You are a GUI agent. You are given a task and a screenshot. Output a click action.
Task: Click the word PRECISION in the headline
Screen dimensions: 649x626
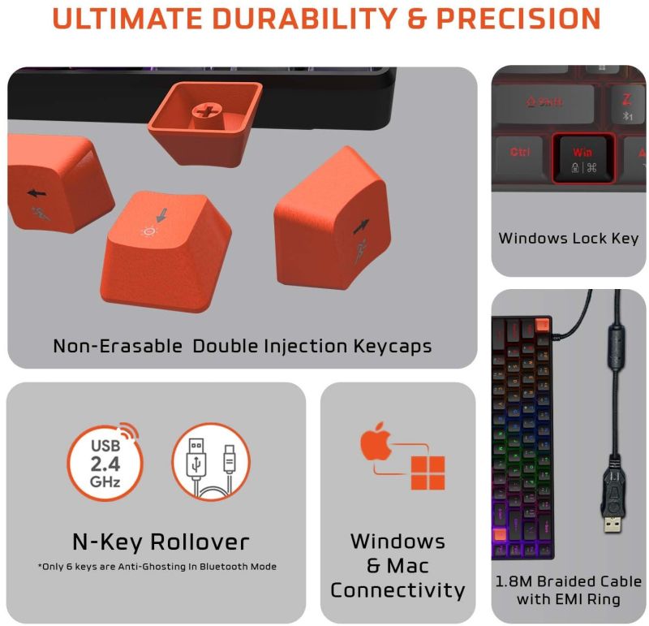[518, 18]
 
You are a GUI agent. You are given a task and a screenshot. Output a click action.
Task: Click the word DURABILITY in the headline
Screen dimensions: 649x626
[305, 18]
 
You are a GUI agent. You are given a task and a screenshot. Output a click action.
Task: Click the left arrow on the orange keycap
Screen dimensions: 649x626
[37, 193]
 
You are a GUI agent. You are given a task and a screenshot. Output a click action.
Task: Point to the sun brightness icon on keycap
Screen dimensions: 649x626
[149, 231]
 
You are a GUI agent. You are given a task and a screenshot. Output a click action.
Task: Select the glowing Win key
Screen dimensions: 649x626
[583, 159]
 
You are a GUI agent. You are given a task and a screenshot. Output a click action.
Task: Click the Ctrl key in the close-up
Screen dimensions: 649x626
[519, 158]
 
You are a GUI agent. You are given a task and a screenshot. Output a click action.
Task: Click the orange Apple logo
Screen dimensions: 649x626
[376, 442]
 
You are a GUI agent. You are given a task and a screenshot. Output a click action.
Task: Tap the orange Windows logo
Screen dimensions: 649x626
[428, 473]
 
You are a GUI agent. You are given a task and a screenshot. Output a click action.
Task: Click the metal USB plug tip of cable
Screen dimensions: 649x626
[612, 525]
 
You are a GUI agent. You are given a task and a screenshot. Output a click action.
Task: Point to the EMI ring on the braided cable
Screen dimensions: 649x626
[617, 348]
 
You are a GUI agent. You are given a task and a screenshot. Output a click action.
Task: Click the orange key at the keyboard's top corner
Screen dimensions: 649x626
[541, 326]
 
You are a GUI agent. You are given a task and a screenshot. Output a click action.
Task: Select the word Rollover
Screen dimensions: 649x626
[200, 542]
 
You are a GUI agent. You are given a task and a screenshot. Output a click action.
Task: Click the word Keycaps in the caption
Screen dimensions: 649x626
[393, 347]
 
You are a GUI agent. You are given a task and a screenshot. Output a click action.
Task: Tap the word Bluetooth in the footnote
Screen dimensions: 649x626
[218, 567]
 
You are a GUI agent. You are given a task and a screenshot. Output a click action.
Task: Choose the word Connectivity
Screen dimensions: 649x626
[398, 590]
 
